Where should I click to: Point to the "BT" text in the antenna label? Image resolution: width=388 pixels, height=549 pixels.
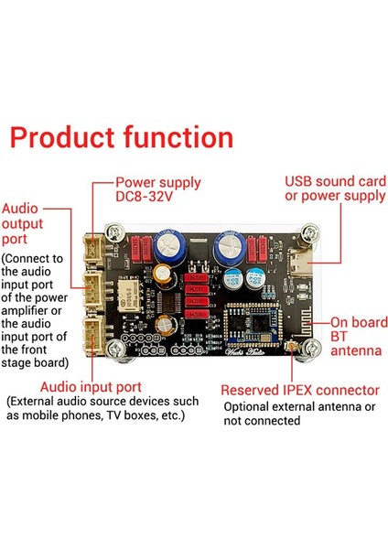[x=339, y=336]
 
